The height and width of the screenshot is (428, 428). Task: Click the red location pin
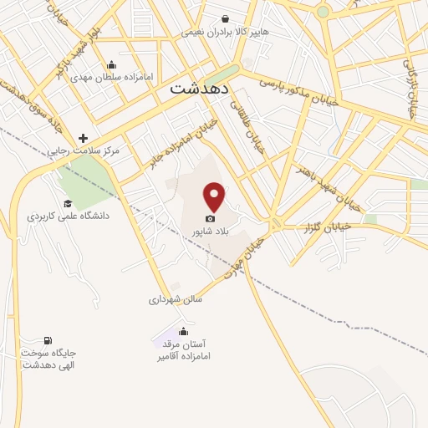point(215,196)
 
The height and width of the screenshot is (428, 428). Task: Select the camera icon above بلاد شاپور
point(210,218)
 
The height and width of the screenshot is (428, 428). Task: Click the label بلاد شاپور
point(210,231)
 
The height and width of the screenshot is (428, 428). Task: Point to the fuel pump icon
point(47,340)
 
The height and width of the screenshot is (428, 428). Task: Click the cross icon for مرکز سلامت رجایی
point(83,138)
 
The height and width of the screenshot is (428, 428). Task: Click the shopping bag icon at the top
point(225,18)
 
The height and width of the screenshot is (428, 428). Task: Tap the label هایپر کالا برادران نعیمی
point(227,33)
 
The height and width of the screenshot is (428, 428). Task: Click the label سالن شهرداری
point(176,298)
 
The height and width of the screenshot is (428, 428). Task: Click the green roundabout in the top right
point(323,12)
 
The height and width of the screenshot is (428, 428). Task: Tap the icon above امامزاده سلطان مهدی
point(112,65)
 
